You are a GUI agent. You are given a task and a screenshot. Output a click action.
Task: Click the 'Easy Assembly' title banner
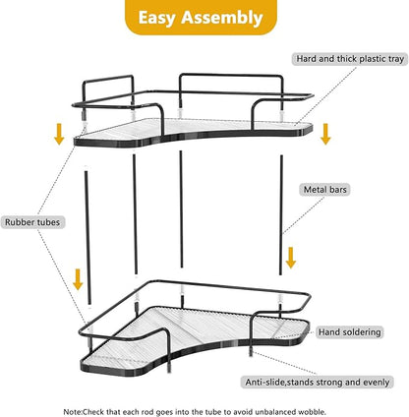[x=201, y=17]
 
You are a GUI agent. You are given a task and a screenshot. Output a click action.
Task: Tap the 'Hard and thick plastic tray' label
[x=350, y=59]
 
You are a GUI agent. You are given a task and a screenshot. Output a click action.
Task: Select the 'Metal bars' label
[x=324, y=190]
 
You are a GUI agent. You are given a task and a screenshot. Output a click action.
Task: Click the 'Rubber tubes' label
[x=32, y=222]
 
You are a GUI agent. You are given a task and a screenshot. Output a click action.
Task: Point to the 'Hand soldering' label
[x=350, y=332]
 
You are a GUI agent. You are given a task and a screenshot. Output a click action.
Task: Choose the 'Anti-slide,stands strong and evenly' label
[x=318, y=383]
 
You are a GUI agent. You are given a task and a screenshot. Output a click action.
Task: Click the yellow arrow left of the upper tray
[x=59, y=134]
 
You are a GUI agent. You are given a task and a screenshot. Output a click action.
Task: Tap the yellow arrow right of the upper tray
[x=325, y=134]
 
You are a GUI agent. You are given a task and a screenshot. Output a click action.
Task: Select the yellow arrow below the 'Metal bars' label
[x=291, y=258]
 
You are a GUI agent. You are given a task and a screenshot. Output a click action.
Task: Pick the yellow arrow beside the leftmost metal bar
[x=78, y=279]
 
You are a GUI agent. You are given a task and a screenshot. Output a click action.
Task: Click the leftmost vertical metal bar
[x=88, y=238]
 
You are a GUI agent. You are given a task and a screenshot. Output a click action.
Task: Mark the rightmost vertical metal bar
[x=281, y=215]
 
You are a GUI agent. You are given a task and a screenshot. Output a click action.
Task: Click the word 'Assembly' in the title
[x=222, y=18]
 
